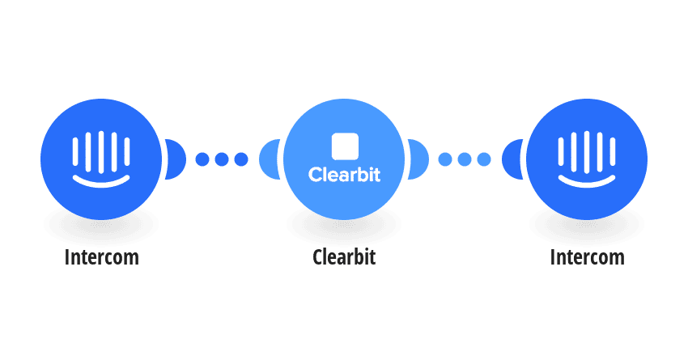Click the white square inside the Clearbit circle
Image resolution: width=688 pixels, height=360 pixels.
tap(345, 146)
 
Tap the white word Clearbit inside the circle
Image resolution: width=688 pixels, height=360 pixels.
tap(345, 175)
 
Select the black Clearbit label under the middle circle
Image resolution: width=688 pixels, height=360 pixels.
tap(344, 257)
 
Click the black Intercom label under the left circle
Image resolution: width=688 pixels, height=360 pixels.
tap(101, 257)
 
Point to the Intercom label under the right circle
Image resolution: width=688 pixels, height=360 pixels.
tap(587, 257)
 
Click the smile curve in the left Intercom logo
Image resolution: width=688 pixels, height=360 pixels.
tap(101, 183)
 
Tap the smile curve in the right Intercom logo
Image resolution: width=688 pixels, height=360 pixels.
tap(587, 183)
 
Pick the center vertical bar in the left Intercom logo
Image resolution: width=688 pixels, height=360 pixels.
tap(101, 152)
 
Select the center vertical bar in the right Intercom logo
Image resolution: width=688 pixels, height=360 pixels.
tap(587, 152)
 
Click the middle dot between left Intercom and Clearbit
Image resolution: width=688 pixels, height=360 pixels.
tap(222, 159)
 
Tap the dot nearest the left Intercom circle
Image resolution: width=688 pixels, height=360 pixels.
tap(202, 159)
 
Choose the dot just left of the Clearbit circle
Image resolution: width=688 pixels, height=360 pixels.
tap(241, 159)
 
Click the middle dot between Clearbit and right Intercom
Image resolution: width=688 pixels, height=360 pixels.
tap(465, 159)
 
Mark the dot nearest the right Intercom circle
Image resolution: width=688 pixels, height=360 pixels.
tap(484, 159)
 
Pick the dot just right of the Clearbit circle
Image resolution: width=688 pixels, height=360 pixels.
tap(445, 159)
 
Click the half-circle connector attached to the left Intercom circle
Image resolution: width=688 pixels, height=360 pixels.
tap(176, 159)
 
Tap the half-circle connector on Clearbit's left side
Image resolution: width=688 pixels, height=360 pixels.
tap(269, 159)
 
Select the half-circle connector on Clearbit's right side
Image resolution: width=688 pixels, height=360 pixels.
tap(418, 159)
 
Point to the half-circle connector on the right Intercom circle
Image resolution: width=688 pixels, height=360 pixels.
tap(512, 159)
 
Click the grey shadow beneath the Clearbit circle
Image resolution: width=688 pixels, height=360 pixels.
tap(344, 225)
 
